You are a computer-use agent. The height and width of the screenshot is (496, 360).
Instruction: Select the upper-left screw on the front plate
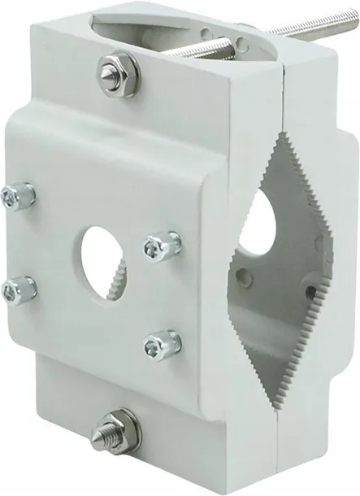point(20,196)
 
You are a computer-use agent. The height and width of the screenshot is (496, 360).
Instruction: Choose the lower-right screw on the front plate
point(161,345)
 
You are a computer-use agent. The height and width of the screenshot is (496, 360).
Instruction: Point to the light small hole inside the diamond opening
point(246,279)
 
